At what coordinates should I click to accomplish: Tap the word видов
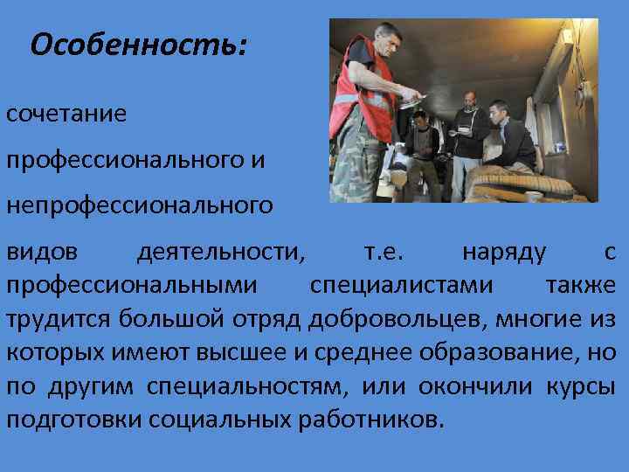[x=43, y=253]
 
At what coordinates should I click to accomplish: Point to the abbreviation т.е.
[x=384, y=253]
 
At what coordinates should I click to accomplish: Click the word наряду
[x=504, y=253]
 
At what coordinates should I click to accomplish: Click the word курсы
[x=584, y=385]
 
